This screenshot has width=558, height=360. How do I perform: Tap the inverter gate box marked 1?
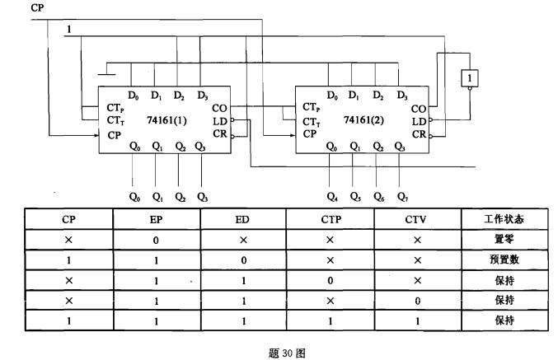[469, 77]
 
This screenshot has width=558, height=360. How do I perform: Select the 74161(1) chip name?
[166, 119]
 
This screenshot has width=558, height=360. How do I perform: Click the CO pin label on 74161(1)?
[220, 108]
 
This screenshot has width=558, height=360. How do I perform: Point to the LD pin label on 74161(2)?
[419, 120]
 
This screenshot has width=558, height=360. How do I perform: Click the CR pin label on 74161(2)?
[419, 133]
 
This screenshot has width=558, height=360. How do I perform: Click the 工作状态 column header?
[504, 220]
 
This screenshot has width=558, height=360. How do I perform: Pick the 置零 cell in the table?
[504, 240]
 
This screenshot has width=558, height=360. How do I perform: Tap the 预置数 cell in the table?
[504, 259]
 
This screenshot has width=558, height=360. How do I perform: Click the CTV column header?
[417, 220]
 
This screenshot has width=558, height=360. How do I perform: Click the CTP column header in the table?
[330, 220]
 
